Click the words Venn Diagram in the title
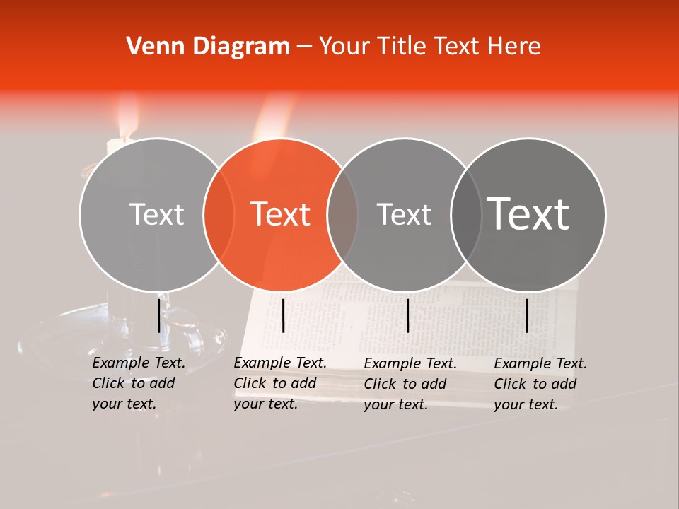(x=208, y=46)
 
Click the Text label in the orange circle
(x=281, y=214)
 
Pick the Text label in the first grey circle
(x=156, y=214)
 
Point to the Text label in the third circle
(x=404, y=214)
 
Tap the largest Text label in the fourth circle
(x=528, y=213)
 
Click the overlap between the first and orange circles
(x=219, y=214)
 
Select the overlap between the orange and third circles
(x=342, y=214)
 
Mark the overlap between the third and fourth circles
(x=466, y=214)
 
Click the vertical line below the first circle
(x=158, y=315)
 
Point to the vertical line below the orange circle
(x=283, y=315)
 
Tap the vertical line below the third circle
(x=407, y=315)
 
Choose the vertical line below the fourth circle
(x=527, y=315)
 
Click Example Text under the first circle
(x=139, y=363)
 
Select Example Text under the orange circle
(x=280, y=363)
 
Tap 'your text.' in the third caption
(x=395, y=404)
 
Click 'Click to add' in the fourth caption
(x=535, y=384)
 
